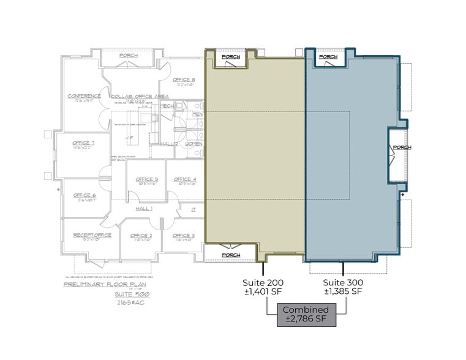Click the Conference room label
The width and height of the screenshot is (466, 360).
(84, 96)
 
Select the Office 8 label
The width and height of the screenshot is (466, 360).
(184, 80)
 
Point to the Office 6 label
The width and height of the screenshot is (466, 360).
(85, 195)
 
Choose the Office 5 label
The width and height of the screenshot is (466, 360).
(147, 179)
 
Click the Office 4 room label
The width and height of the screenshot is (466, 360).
(184, 179)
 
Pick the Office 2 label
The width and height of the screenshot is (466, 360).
(141, 235)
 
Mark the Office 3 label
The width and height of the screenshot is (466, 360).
(184, 235)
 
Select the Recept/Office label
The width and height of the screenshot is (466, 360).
(91, 235)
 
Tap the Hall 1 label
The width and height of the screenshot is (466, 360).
(145, 209)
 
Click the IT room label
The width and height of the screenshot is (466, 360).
(194, 209)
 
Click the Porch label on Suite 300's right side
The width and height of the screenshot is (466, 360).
(402, 147)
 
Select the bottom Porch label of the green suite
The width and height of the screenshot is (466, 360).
(231, 255)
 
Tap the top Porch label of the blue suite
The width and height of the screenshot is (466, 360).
(328, 57)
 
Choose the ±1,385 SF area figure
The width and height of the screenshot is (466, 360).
(343, 291)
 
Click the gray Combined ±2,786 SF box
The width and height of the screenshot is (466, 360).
(306, 314)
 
